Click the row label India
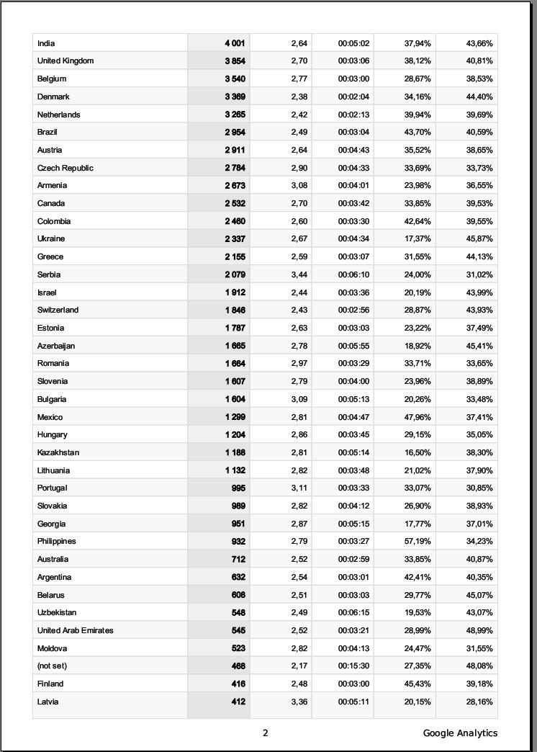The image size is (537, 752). click(x=46, y=43)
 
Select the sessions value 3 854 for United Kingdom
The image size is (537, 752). click(x=235, y=61)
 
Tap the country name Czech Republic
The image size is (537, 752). click(x=66, y=168)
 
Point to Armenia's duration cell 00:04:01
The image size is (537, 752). click(x=353, y=186)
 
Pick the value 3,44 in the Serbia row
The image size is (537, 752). click(x=299, y=274)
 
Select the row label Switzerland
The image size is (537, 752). click(x=58, y=310)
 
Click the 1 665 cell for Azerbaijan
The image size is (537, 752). click(x=235, y=346)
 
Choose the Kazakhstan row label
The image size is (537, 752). click(x=58, y=453)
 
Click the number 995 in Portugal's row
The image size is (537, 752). click(x=238, y=488)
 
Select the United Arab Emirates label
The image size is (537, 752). click(x=76, y=631)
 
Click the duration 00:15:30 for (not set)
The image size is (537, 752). click(x=353, y=666)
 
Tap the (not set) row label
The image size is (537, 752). click(x=52, y=666)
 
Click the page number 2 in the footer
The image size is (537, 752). click(x=265, y=733)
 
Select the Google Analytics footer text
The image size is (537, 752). click(x=460, y=733)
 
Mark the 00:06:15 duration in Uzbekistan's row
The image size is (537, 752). click(x=353, y=613)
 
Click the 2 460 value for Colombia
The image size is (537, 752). click(x=235, y=221)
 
